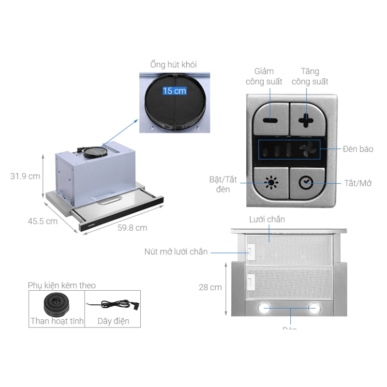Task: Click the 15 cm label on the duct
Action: point(174,90)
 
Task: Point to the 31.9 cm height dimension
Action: point(25,176)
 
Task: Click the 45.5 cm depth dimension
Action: point(43,221)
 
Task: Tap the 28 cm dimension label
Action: point(210,287)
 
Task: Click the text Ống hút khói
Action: point(174,64)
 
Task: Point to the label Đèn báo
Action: point(358,149)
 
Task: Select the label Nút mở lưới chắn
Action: point(176,252)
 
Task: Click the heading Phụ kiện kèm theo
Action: point(61,285)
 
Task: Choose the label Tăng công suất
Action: point(310,76)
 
